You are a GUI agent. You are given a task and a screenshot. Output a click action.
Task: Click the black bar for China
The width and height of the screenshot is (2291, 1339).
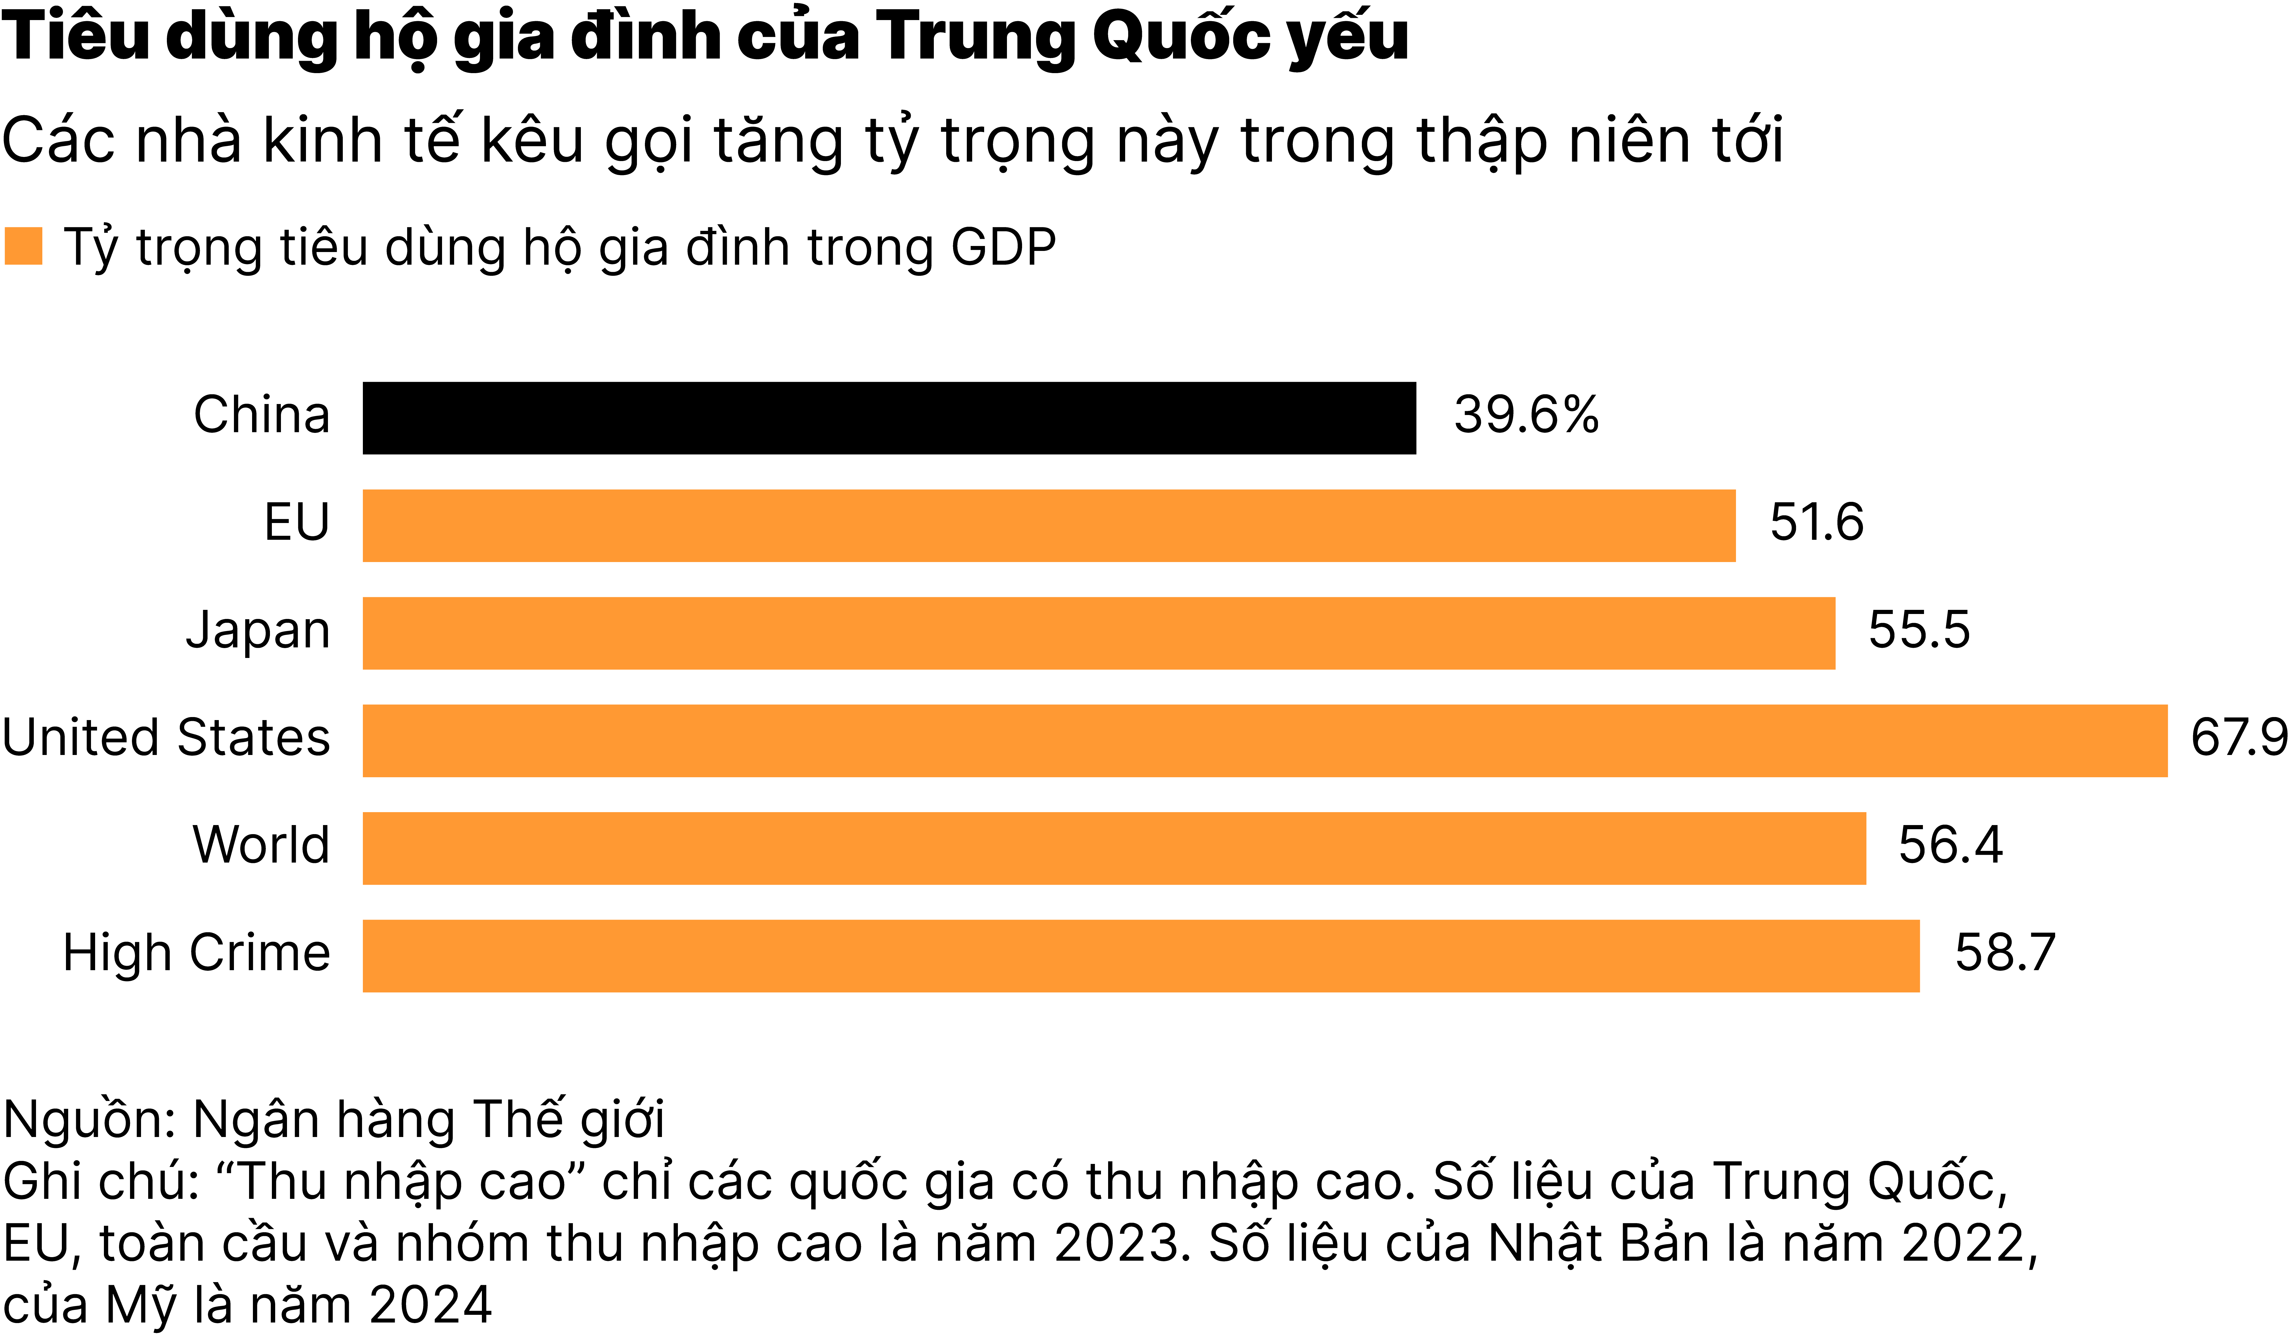coord(889,418)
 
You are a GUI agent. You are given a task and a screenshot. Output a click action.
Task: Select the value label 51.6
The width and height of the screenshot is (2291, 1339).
coord(1817,523)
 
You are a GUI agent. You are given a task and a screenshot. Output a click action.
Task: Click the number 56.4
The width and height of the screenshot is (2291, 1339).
coord(1950,845)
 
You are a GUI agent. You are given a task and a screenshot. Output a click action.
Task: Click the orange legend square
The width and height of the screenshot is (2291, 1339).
coord(24,246)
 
